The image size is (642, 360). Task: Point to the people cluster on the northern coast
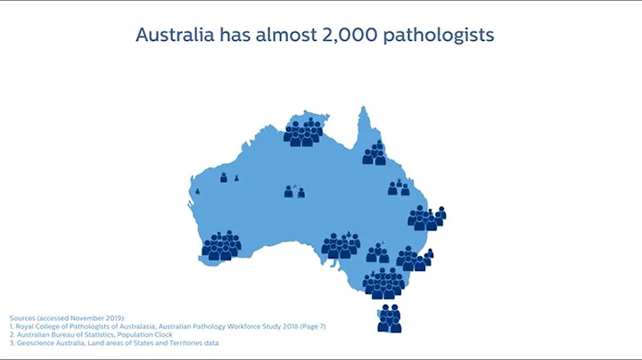coord(304,132)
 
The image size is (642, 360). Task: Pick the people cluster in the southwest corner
coord(221,245)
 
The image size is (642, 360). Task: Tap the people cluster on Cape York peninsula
coord(374,153)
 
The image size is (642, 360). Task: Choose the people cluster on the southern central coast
coord(341,246)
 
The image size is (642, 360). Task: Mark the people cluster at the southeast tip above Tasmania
coord(384,283)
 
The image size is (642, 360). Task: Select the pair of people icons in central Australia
coord(294,192)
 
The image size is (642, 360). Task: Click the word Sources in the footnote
coord(24,318)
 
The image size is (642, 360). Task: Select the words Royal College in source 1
coord(38,326)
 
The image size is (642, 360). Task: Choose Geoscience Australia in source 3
coord(43,342)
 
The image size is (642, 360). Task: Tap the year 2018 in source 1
coord(284,326)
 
